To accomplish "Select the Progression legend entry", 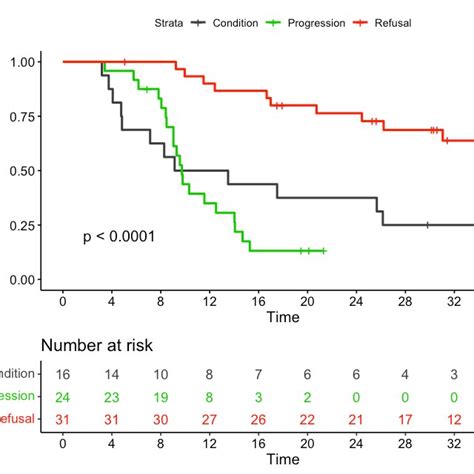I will tap(316, 22).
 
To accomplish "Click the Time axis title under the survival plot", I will tap(282, 317).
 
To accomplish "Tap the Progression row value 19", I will tap(160, 397).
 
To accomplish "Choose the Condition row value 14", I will tap(111, 374).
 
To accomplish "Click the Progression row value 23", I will tap(111, 397).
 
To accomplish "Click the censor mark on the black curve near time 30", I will tap(427, 225).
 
